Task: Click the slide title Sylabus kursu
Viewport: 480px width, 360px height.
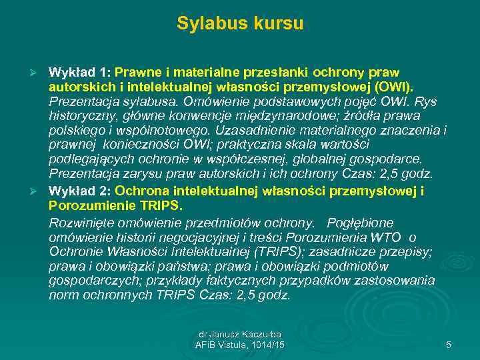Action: pyautogui.click(x=240, y=24)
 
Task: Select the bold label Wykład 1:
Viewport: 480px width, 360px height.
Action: pyautogui.click(x=80, y=71)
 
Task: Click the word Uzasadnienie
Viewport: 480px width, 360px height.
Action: pyautogui.click(x=253, y=131)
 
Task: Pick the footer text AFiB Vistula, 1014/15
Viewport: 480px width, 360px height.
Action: pyautogui.click(x=239, y=345)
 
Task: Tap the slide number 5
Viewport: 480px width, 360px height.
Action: pyautogui.click(x=448, y=345)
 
